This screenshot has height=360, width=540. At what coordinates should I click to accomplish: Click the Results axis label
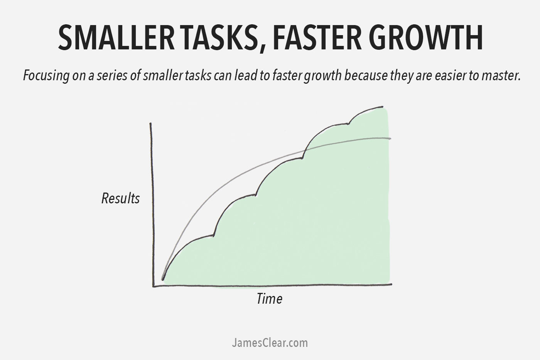tap(120, 198)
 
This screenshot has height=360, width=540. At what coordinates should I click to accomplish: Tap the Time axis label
tap(269, 299)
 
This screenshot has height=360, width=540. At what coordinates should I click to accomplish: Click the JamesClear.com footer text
tap(270, 343)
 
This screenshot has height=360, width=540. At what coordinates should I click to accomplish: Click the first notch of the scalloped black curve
tap(214, 235)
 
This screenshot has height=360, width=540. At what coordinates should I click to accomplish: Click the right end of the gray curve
tap(390, 138)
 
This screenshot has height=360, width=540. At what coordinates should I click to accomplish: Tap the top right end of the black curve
tap(383, 106)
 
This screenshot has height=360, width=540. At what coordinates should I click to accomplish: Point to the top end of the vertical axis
tap(150, 123)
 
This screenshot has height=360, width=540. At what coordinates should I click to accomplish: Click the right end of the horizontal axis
tap(391, 284)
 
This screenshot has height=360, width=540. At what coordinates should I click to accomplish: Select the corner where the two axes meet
tap(154, 286)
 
